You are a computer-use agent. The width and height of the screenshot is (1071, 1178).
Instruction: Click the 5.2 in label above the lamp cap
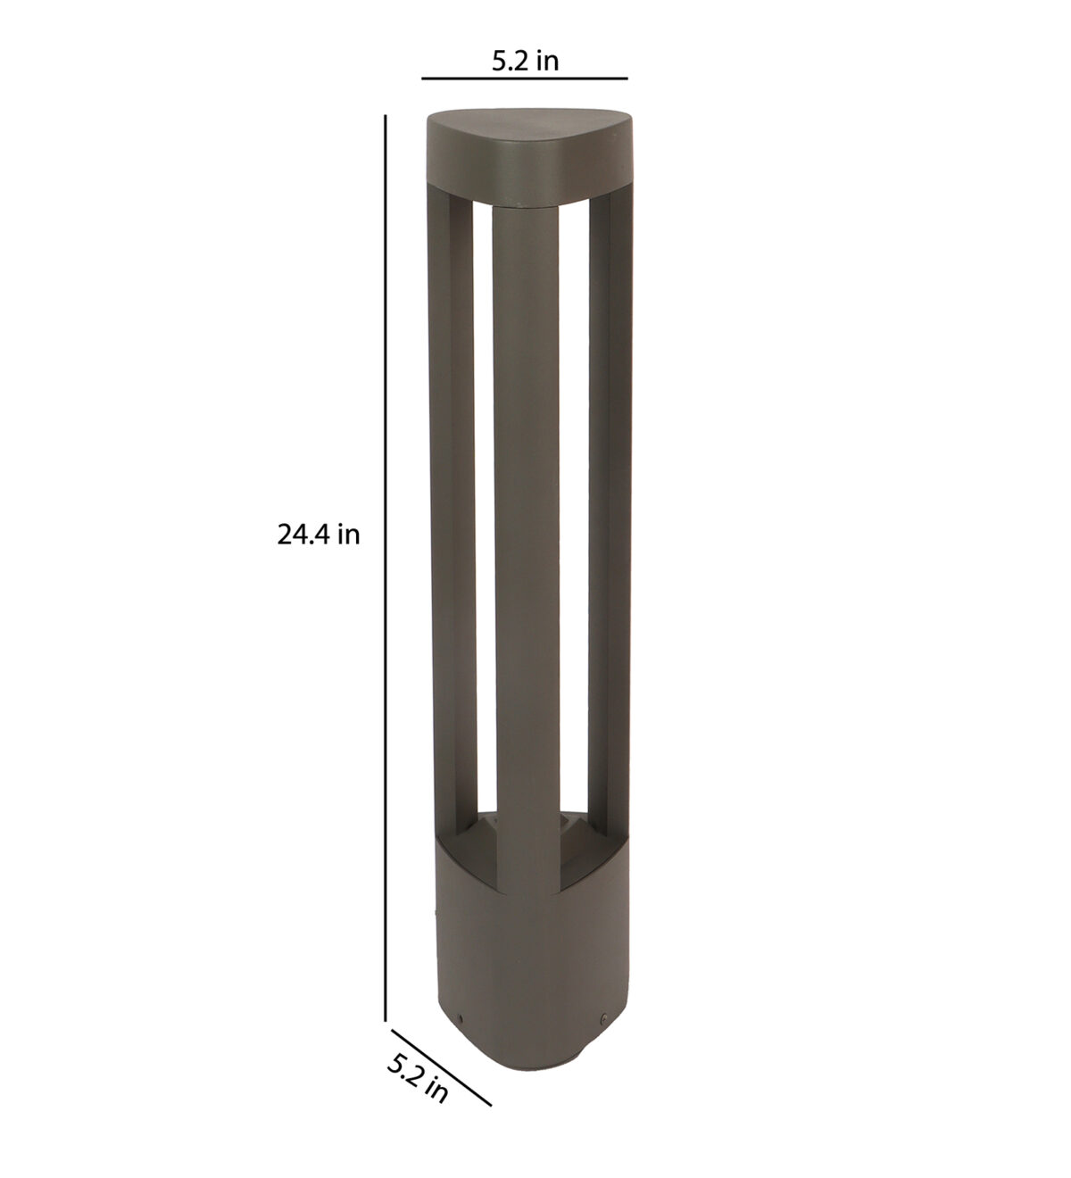click(x=525, y=61)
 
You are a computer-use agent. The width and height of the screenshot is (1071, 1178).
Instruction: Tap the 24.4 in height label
click(x=318, y=535)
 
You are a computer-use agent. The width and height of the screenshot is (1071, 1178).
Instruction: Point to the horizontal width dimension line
click(x=525, y=79)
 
